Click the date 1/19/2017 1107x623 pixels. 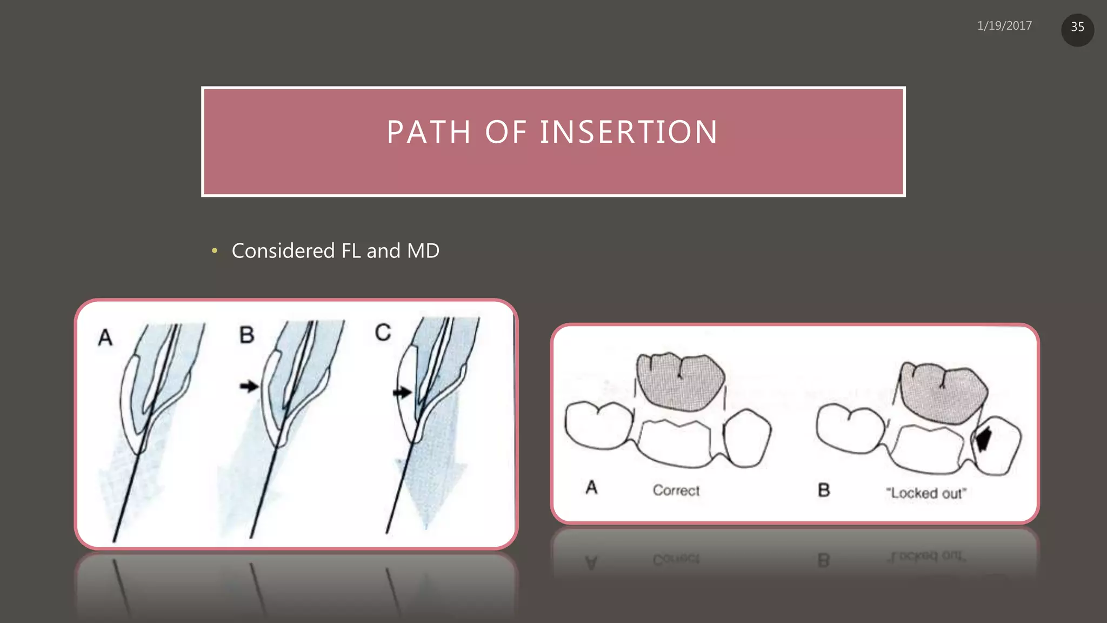coord(1004,26)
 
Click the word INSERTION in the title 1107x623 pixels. coord(629,132)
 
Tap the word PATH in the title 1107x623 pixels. coord(429,132)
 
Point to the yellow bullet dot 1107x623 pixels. coord(215,250)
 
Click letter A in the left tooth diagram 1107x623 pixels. coord(105,337)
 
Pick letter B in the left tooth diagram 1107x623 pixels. coord(246,335)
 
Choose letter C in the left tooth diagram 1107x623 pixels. coord(383,332)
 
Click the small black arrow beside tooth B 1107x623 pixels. coord(249,386)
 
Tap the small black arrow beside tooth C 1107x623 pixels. coord(402,392)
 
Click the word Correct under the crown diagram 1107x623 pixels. coord(676,491)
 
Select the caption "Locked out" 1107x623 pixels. coord(925,493)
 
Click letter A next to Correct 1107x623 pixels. coord(591,487)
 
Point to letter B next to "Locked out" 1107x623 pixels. coord(823,490)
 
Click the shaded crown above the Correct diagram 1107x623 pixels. coord(680,381)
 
